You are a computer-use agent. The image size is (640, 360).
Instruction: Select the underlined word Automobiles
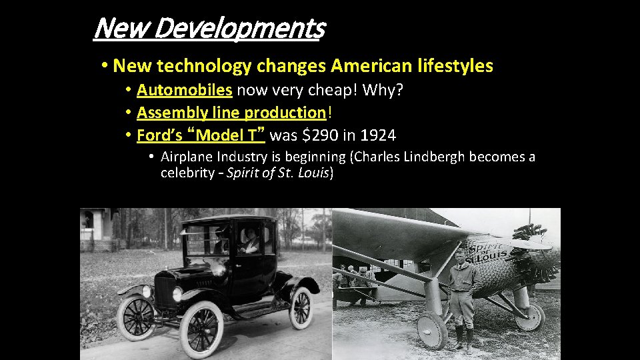click(x=184, y=90)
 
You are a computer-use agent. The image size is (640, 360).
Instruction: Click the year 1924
click(x=377, y=135)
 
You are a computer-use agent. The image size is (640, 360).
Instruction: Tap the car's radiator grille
click(x=163, y=293)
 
